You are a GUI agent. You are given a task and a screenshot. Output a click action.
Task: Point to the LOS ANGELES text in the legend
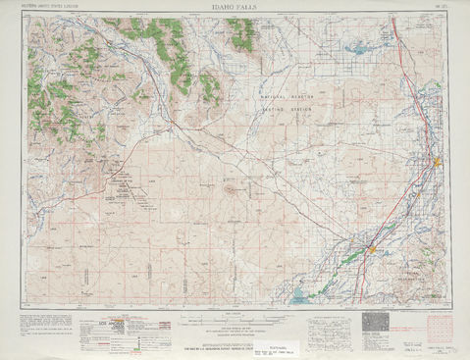point(117,321)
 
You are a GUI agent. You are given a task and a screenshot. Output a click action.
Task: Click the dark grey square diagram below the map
point(376,325)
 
